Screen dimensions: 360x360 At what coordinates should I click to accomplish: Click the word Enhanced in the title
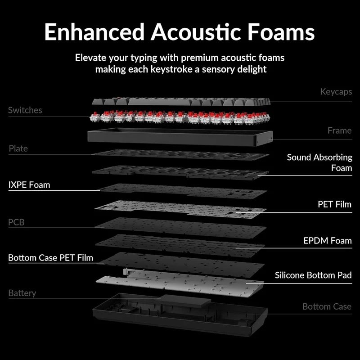click(x=94, y=32)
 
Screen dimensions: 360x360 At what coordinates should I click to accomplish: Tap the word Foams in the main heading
click(x=281, y=32)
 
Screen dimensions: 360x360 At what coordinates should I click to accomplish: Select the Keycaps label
click(x=336, y=92)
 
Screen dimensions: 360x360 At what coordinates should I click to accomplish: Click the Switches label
click(x=25, y=110)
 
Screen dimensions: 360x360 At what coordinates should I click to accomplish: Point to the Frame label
click(x=340, y=130)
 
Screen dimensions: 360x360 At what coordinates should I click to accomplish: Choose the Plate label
click(x=18, y=148)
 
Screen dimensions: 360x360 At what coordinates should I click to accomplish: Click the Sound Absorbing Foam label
click(x=319, y=162)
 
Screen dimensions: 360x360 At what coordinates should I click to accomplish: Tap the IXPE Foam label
click(x=29, y=185)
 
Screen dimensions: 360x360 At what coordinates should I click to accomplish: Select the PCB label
click(x=16, y=222)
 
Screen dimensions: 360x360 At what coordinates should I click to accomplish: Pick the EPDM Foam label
click(x=328, y=241)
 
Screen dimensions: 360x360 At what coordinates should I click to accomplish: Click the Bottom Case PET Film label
click(x=51, y=257)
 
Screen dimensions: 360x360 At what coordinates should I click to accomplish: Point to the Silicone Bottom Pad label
click(x=313, y=275)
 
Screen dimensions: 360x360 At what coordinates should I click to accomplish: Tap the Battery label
click(x=22, y=293)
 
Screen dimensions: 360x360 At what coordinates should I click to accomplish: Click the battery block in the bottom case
click(x=185, y=300)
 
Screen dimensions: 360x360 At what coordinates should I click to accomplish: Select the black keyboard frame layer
click(x=180, y=137)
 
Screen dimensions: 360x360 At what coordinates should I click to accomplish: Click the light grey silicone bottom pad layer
click(x=180, y=283)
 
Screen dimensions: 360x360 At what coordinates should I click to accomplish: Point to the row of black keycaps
click(x=181, y=102)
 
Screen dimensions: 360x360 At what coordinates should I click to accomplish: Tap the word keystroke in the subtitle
click(x=171, y=69)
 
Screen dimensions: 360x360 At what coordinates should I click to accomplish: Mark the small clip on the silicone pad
click(x=126, y=272)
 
